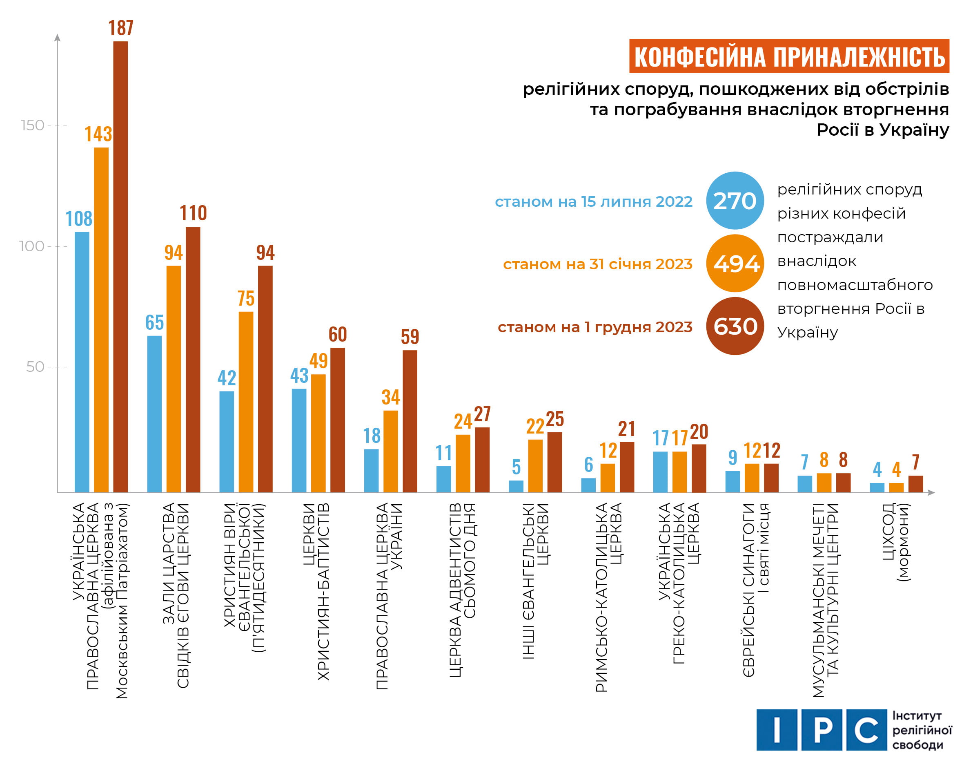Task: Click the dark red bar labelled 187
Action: (x=120, y=266)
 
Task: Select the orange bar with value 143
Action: (x=101, y=320)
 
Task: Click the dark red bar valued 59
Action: (x=410, y=420)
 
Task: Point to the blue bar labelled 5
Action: (x=516, y=486)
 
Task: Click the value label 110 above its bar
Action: (x=193, y=213)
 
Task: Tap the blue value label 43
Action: (x=299, y=376)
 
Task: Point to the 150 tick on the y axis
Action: (x=32, y=125)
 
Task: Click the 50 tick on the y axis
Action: (x=35, y=367)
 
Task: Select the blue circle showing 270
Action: (x=735, y=200)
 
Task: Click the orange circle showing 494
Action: (x=735, y=264)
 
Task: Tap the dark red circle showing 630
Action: (x=735, y=326)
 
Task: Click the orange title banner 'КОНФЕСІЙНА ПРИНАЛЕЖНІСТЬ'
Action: (x=788, y=56)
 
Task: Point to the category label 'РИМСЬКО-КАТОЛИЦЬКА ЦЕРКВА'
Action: (x=608, y=596)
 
